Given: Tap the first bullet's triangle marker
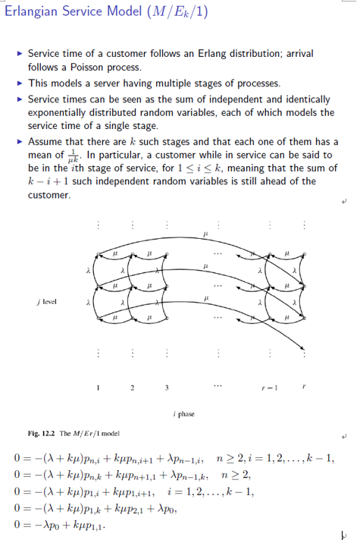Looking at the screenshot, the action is (x=19, y=55).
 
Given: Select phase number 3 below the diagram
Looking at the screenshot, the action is (x=166, y=388).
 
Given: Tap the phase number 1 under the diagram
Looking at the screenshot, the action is (x=98, y=388).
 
